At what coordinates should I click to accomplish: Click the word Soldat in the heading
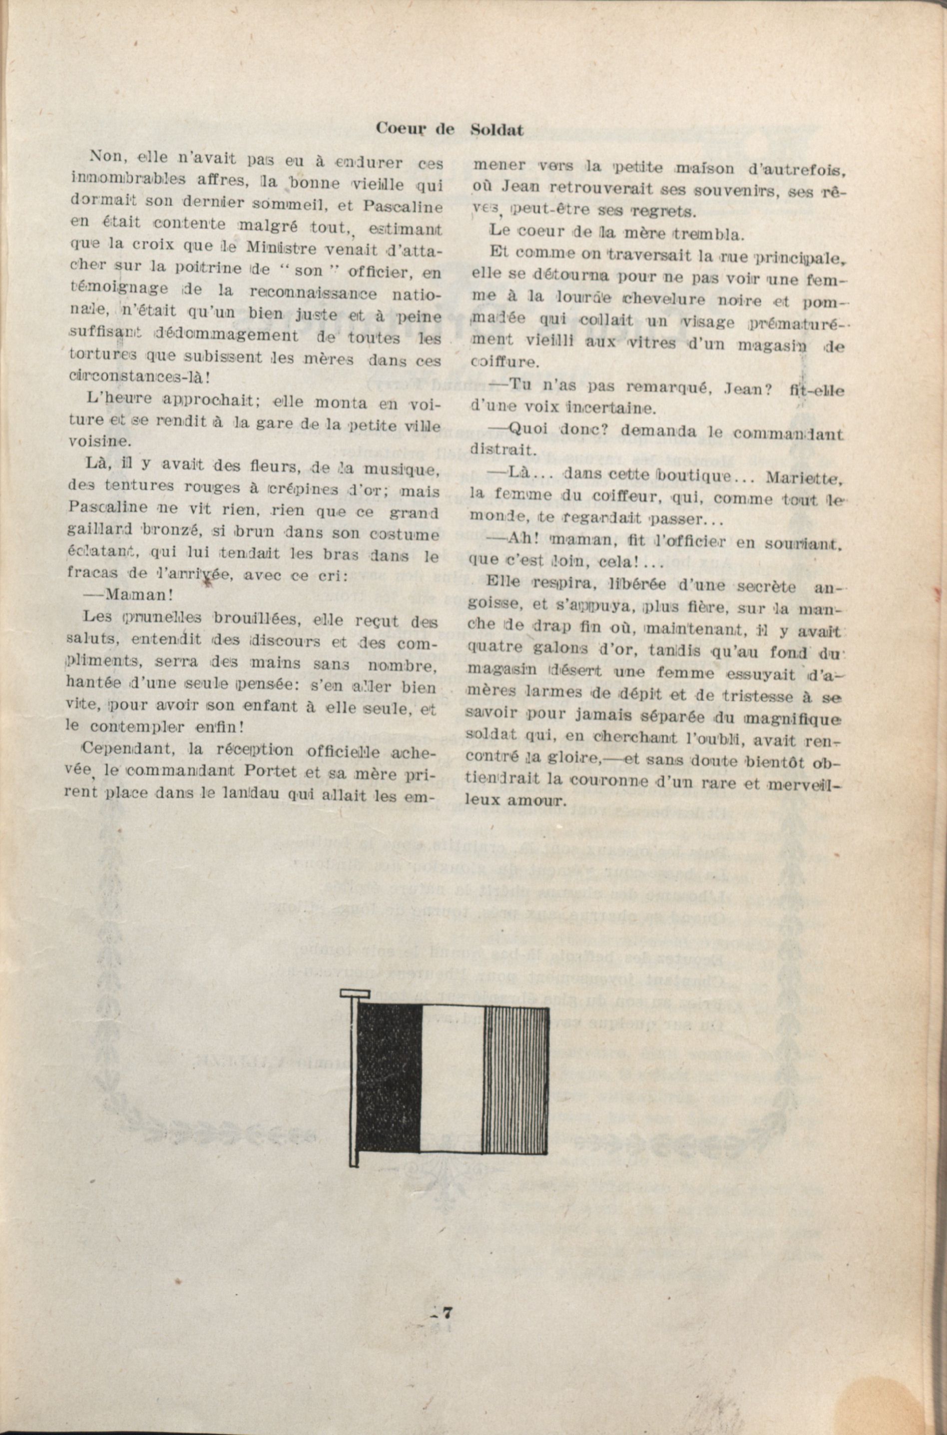[x=496, y=129]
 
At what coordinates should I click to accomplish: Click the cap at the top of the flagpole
[x=355, y=993]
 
